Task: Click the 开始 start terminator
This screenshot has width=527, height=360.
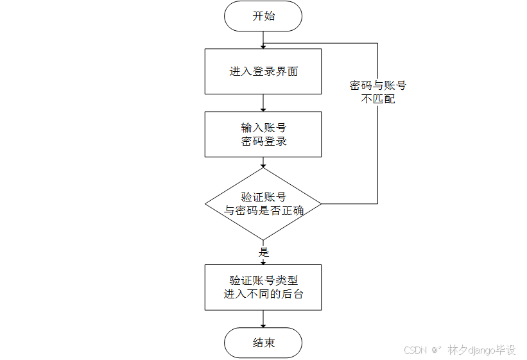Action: point(263,16)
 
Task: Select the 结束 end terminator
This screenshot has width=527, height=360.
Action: point(263,343)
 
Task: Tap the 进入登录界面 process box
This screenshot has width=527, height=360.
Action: point(263,71)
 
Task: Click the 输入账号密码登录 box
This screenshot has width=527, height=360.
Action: point(263,134)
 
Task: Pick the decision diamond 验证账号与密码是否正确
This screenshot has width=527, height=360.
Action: point(263,204)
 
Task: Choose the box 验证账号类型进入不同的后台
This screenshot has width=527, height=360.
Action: point(263,287)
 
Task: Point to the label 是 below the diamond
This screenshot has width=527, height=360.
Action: point(264,252)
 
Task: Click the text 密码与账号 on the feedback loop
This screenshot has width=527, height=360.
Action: point(377,85)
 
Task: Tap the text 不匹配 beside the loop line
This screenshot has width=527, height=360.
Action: point(377,99)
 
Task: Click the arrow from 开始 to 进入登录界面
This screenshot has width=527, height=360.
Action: point(263,39)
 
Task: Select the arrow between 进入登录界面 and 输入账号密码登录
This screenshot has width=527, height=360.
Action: point(263,103)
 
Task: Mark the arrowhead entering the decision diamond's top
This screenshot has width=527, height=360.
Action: point(263,165)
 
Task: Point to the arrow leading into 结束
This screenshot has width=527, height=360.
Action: point(263,319)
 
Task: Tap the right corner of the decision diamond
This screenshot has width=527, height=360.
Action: point(320,204)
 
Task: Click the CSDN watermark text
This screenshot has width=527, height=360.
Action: point(416,350)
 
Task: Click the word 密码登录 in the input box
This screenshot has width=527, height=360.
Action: point(263,141)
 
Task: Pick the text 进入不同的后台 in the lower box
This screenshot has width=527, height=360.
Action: point(263,295)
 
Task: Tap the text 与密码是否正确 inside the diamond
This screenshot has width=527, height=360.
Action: point(263,210)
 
